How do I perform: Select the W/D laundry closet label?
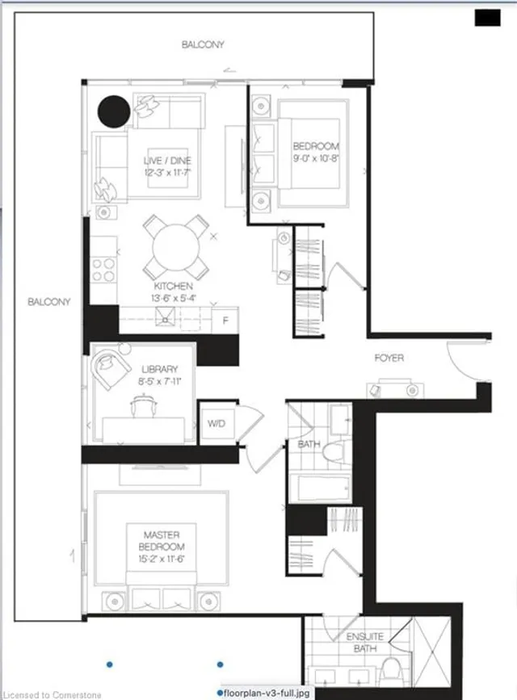(x=216, y=422)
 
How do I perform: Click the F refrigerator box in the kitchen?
(x=226, y=320)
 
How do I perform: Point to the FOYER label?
(x=389, y=358)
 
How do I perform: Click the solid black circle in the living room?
(x=113, y=111)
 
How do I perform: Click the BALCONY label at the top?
(x=203, y=45)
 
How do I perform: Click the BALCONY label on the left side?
(x=48, y=302)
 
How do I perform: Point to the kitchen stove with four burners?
(x=104, y=268)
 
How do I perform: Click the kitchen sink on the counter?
(x=166, y=320)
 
